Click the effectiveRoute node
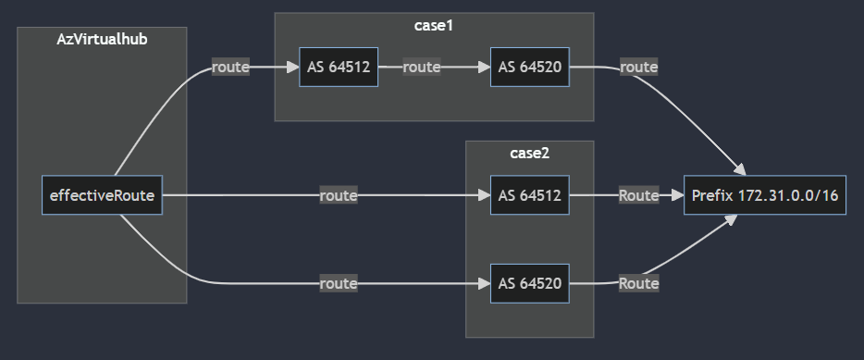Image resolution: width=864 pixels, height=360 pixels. pyautogui.click(x=102, y=195)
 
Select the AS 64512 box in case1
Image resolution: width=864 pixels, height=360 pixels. pyautogui.click(x=339, y=68)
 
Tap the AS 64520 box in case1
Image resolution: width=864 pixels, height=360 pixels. pyautogui.click(x=530, y=68)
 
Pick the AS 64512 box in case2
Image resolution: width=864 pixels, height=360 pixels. pyautogui.click(x=530, y=195)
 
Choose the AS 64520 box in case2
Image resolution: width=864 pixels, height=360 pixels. pyautogui.click(x=530, y=283)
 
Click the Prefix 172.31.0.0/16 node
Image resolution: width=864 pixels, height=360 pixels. pyautogui.click(x=764, y=195)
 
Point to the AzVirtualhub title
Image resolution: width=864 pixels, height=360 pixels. pyautogui.click(x=102, y=39)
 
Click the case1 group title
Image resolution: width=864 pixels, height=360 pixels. pyautogui.click(x=433, y=25)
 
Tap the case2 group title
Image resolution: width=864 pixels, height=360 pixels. pyautogui.click(x=529, y=153)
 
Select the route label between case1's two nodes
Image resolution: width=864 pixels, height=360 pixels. pyautogui.click(x=421, y=68)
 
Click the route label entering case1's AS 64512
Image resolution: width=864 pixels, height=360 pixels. pyautogui.click(x=230, y=68)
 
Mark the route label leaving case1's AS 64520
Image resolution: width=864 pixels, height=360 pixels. pyautogui.click(x=638, y=68)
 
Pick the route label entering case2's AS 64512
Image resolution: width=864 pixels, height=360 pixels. pyautogui.click(x=338, y=195)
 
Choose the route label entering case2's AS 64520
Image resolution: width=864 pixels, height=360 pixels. pyautogui.click(x=338, y=283)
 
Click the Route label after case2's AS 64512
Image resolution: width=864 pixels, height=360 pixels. pyautogui.click(x=638, y=195)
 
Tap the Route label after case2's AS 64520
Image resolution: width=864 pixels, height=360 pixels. pyautogui.click(x=638, y=283)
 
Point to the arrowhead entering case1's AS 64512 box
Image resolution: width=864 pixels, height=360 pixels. pyautogui.click(x=293, y=68)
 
